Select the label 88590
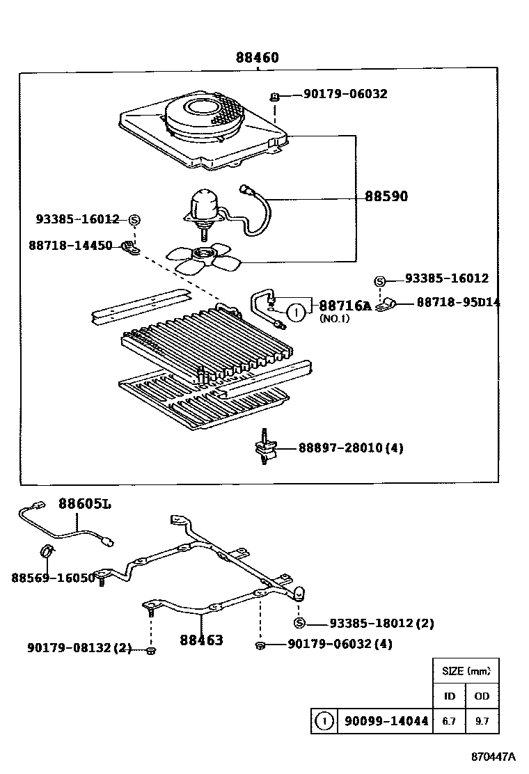pos(386,196)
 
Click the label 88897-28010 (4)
pos(351,448)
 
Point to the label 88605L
pos(84,503)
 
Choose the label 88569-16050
pos(53,578)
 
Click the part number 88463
pos(201,640)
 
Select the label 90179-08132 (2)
pos(79,647)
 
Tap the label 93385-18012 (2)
pos(381,624)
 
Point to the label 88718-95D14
pos(458,302)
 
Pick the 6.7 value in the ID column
pos(449,722)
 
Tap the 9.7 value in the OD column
pos(482,722)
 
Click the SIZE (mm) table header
pos(466,672)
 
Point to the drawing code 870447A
pos(492,757)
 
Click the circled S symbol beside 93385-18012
pos(299,623)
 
